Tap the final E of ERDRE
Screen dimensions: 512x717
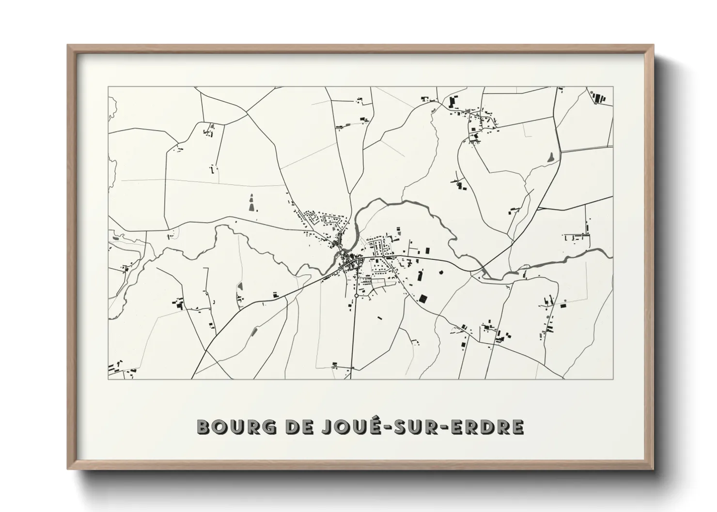click(517, 427)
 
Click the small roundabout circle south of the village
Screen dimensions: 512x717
click(356, 295)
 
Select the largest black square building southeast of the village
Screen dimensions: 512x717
click(424, 299)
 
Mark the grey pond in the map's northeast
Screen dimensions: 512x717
click(550, 157)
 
